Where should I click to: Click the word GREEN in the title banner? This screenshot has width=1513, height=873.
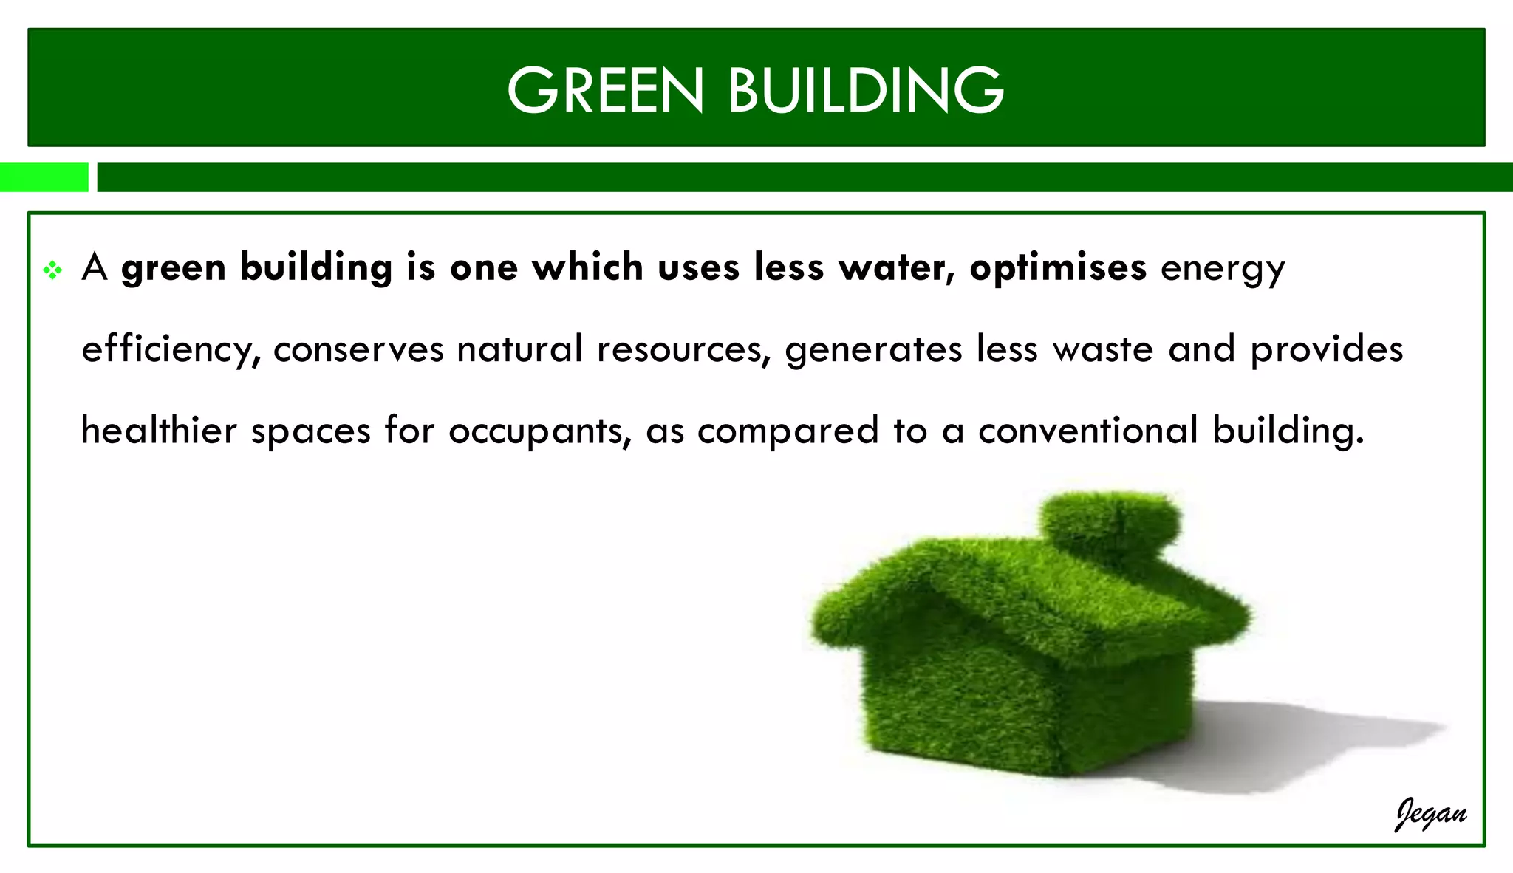tap(605, 90)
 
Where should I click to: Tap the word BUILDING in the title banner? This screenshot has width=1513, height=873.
tap(866, 90)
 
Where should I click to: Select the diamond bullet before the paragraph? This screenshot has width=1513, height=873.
tap(52, 270)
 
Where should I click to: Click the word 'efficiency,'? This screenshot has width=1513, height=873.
tap(171, 350)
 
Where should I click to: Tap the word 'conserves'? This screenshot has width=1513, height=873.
tap(358, 349)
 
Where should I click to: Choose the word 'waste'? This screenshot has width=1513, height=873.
tap(1103, 349)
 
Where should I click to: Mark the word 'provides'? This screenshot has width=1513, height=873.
tap(1326, 349)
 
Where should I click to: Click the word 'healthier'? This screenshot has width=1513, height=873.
tap(159, 430)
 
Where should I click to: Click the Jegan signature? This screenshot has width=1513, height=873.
tap(1430, 815)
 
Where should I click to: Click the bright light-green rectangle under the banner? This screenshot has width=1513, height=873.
tap(44, 177)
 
